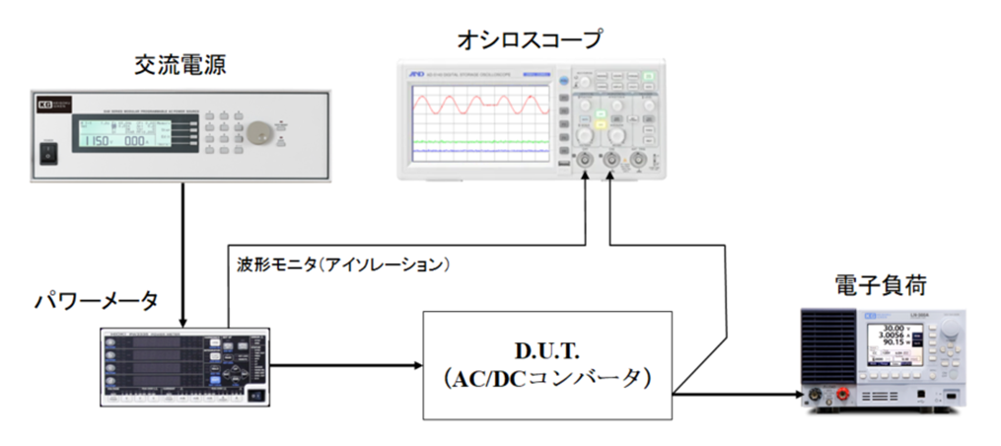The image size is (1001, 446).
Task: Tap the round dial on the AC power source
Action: [259, 134]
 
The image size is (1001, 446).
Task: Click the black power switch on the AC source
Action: [46, 153]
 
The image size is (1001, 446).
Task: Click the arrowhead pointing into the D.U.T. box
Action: [414, 365]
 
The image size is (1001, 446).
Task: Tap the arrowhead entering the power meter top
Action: [183, 322]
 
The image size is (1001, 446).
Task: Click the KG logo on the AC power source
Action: [43, 103]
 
